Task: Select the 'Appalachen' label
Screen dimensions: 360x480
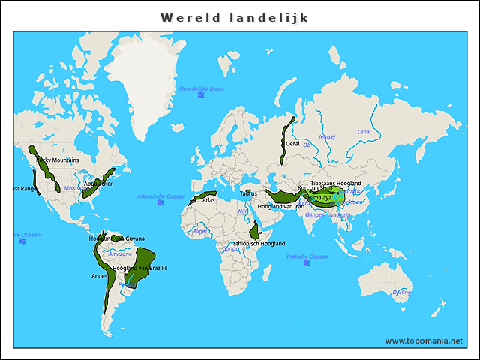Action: pyautogui.click(x=99, y=184)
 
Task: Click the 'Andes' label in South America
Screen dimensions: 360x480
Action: pyautogui.click(x=99, y=276)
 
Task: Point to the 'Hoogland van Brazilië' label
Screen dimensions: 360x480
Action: pyautogui.click(x=140, y=268)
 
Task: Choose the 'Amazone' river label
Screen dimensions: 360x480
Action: pyautogui.click(x=120, y=253)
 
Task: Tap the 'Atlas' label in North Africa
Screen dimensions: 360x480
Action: pyautogui.click(x=209, y=200)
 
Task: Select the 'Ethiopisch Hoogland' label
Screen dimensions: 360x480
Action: pyautogui.click(x=259, y=244)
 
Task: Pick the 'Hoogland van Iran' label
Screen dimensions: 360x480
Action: pyautogui.click(x=280, y=206)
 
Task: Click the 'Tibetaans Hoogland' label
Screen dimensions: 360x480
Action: pyautogui.click(x=336, y=184)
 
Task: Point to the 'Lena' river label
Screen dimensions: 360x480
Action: pyautogui.click(x=363, y=132)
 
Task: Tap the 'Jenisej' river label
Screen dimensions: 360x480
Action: pyautogui.click(x=327, y=137)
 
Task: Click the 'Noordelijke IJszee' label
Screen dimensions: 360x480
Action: pyautogui.click(x=201, y=88)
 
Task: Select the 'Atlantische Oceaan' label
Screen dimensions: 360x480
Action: pyautogui.click(x=160, y=196)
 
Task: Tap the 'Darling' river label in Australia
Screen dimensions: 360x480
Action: pyautogui.click(x=402, y=292)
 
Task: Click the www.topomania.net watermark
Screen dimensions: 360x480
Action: pyautogui.click(x=424, y=340)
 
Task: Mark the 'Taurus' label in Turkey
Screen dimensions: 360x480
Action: pyautogui.click(x=248, y=193)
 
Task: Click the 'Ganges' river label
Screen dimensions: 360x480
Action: pyautogui.click(x=314, y=215)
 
